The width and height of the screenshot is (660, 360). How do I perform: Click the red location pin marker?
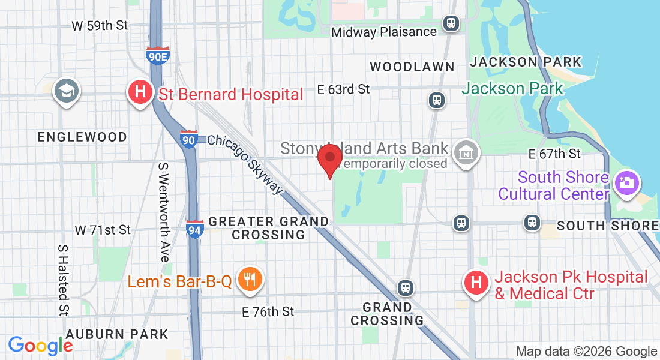329,158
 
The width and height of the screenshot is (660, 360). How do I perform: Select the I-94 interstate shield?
194,228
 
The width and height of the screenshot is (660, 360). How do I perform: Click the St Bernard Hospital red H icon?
140,93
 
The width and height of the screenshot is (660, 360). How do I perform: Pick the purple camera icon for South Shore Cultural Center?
627,182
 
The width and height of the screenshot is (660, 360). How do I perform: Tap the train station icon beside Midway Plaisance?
451,23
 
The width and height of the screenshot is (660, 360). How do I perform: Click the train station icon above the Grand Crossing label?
406,287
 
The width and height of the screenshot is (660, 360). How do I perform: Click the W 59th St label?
100,26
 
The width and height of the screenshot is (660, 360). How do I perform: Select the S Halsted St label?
62,280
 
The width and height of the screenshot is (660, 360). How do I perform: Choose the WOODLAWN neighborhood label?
412,67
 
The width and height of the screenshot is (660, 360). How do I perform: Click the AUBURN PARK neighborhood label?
117,334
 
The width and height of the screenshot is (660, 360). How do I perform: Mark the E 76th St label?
268,312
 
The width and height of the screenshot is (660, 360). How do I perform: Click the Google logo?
40,346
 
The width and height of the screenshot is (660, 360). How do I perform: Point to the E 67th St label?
554,154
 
